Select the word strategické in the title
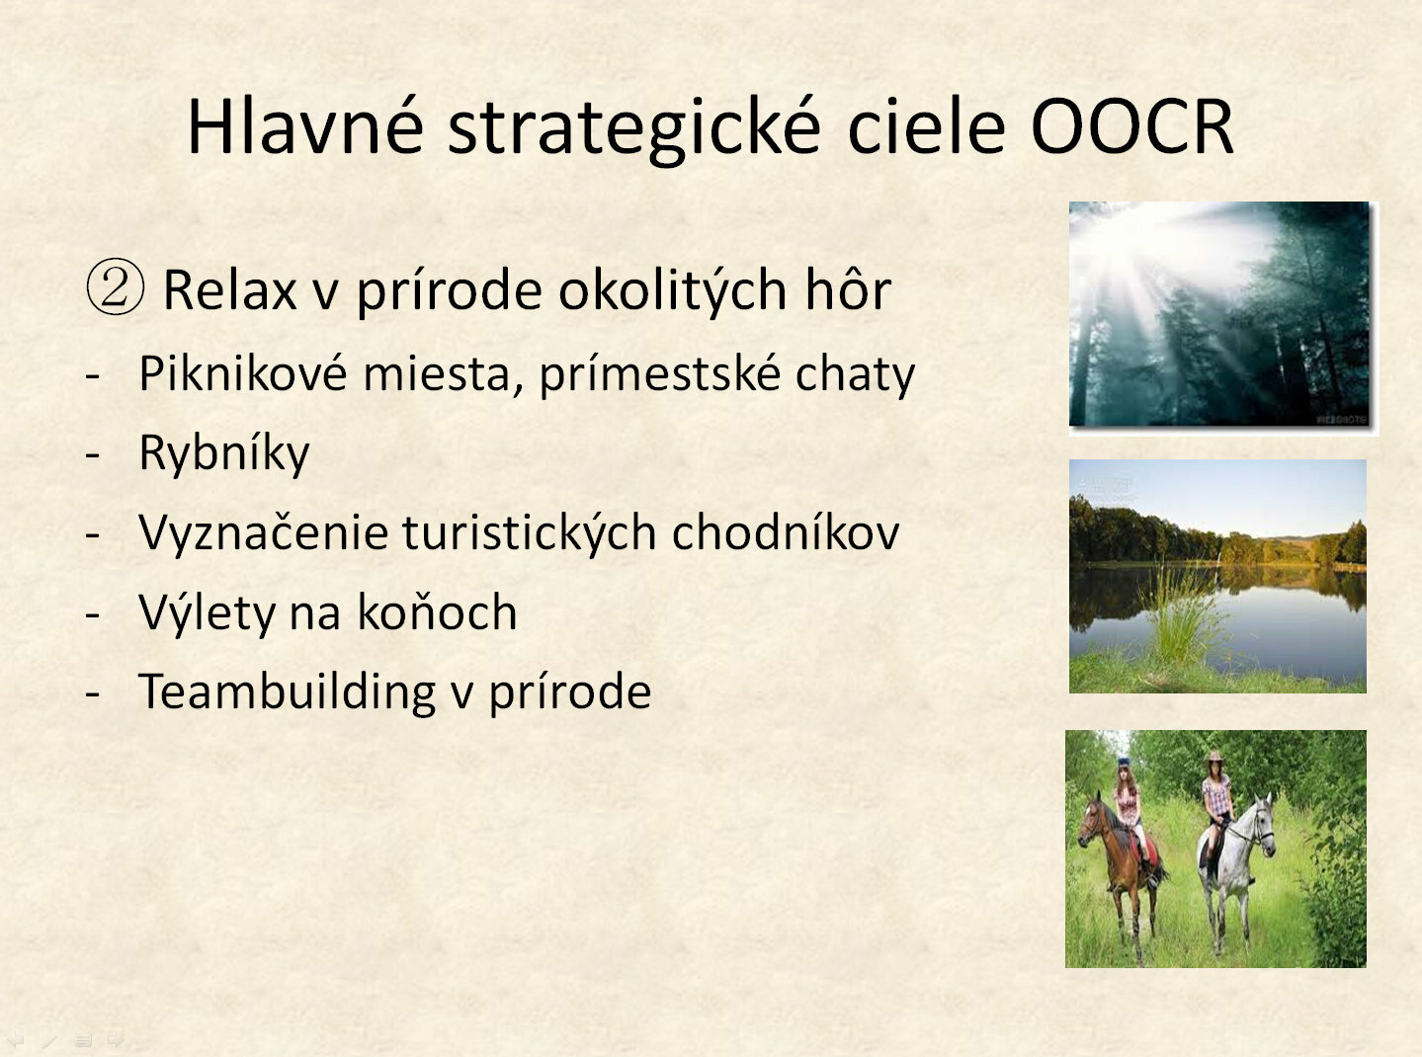pyautogui.click(x=634, y=130)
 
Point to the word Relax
pyautogui.click(x=230, y=290)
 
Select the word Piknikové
pyautogui.click(x=243, y=372)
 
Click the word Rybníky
pyautogui.click(x=224, y=453)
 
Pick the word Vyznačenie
pyautogui.click(x=264, y=532)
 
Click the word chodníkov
pyautogui.click(x=786, y=532)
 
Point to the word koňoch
pyautogui.click(x=437, y=611)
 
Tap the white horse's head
pyautogui.click(x=1261, y=826)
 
